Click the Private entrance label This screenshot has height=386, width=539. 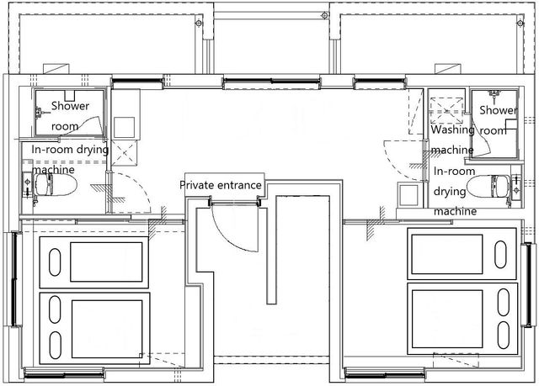pyautogui.click(x=221, y=185)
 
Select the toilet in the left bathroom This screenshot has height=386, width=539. pyautogui.click(x=55, y=185)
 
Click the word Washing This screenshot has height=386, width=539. pyautogui.click(x=452, y=130)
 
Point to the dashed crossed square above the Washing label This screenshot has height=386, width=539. pyautogui.click(x=447, y=110)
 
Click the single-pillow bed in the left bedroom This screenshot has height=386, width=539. pyautogui.click(x=93, y=262)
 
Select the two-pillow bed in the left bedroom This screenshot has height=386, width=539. pyautogui.click(x=94, y=328)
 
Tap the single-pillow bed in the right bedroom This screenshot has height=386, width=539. pyautogui.click(x=462, y=254)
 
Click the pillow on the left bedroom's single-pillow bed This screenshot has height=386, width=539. pyautogui.click(x=55, y=262)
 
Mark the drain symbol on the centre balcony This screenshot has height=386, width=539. pyautogui.click(x=324, y=15)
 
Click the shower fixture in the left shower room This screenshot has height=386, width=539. pyautogui.click(x=39, y=112)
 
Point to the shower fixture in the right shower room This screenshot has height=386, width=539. pyautogui.click(x=494, y=93)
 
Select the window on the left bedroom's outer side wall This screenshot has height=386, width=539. pyautogui.click(x=14, y=279)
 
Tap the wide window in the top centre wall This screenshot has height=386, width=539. pyautogui.click(x=271, y=82)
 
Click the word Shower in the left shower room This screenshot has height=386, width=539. pyautogui.click(x=70, y=106)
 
